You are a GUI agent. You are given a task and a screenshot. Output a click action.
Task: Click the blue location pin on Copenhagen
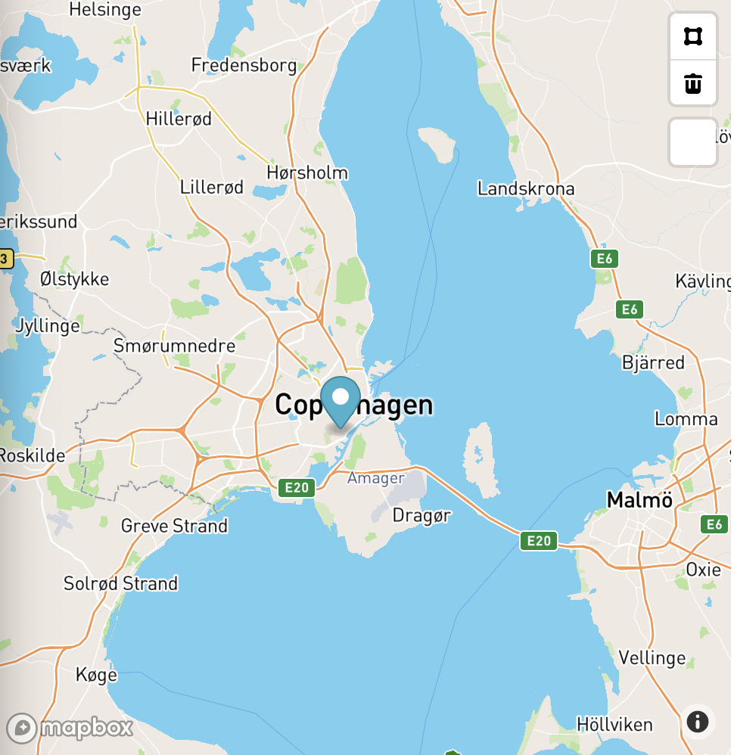[341, 399]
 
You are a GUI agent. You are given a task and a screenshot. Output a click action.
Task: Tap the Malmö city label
[639, 500]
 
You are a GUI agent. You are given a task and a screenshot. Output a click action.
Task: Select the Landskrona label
[526, 188]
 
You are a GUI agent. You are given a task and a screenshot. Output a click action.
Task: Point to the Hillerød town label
[179, 119]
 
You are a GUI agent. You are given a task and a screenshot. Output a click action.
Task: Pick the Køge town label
[96, 674]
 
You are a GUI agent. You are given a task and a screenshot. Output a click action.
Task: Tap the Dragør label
[421, 515]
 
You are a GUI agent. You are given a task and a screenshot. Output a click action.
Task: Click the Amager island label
[376, 478]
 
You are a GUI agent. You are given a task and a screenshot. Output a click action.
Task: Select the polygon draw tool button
[692, 36]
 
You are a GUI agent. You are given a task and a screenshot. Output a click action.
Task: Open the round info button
[698, 721]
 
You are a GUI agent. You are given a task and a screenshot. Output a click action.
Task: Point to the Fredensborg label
[244, 65]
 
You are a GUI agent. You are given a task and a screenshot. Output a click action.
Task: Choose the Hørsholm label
[307, 172]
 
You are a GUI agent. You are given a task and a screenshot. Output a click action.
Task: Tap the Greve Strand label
[174, 525]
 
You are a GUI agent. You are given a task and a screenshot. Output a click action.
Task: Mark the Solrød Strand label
[120, 583]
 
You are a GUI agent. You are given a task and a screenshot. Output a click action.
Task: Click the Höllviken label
[614, 724]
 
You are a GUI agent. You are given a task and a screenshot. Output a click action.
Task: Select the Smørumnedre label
[174, 346]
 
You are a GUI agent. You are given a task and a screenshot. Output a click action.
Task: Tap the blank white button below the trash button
[692, 142]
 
